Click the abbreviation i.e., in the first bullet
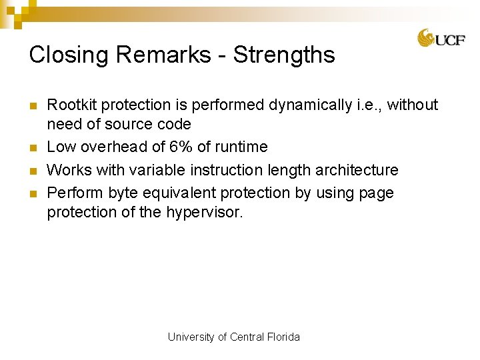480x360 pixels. (x=365, y=105)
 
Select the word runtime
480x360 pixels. (x=241, y=147)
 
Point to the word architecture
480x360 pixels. (x=357, y=170)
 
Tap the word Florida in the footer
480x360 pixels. (x=284, y=337)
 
